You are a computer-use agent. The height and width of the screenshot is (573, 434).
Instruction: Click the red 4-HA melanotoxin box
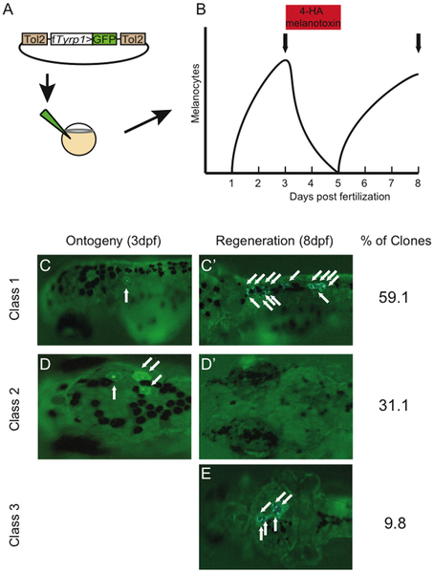313,17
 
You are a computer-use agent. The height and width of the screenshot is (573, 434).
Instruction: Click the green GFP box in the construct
105,39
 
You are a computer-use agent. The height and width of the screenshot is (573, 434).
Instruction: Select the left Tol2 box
35,39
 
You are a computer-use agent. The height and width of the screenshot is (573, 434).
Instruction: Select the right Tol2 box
133,39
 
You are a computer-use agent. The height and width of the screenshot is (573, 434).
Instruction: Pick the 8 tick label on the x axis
418,182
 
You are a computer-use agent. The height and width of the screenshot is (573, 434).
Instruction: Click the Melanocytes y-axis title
195,94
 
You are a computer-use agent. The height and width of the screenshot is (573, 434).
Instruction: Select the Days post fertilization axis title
339,197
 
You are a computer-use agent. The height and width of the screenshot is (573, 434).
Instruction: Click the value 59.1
393,298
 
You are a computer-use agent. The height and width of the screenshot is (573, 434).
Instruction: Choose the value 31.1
393,406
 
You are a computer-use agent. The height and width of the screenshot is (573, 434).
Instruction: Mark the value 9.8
395,524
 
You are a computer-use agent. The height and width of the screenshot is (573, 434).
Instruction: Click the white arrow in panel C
126,295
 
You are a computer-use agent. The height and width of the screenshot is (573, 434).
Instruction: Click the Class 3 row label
14,524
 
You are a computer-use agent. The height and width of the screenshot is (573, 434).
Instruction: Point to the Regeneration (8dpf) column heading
274,242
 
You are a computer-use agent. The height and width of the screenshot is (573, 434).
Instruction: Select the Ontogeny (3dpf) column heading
114,242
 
